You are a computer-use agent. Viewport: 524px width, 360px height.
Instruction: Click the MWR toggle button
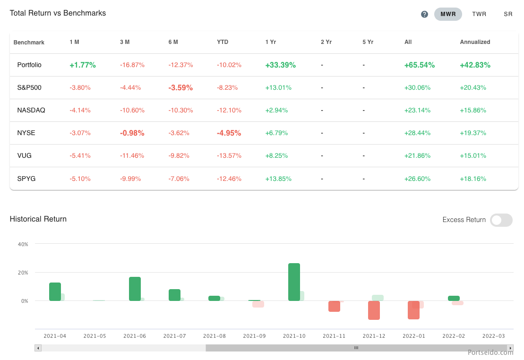[448, 14]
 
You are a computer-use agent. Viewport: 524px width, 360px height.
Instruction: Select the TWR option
[479, 14]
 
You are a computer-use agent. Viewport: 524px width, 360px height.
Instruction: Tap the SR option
[508, 14]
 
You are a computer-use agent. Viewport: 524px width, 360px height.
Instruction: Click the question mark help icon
[424, 14]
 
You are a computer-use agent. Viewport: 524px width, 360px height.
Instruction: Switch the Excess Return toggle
[501, 220]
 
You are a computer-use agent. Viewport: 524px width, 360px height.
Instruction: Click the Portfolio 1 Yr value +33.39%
[281, 65]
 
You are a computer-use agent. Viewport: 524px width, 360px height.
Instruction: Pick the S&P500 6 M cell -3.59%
[180, 87]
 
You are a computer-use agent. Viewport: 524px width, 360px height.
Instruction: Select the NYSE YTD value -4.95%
[229, 133]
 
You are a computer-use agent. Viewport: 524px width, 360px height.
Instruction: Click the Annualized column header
[475, 42]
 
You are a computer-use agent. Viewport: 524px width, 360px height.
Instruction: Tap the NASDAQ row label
[31, 110]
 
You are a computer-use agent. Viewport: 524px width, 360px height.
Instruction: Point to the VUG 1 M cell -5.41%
[80, 155]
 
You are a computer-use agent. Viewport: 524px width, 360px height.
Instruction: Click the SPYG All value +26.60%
[417, 179]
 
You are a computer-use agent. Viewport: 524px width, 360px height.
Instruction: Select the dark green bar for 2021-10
[294, 282]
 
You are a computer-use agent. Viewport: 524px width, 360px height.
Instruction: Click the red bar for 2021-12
[374, 310]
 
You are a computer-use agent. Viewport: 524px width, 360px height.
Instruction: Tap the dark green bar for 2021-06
[135, 289]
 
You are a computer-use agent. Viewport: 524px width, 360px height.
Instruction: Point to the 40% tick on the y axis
[23, 244]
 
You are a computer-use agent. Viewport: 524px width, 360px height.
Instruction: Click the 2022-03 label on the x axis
[493, 336]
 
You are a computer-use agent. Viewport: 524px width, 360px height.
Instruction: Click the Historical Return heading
[38, 219]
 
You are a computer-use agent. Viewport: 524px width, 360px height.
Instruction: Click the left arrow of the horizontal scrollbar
[38, 348]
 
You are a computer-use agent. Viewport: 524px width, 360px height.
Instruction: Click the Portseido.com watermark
[490, 352]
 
